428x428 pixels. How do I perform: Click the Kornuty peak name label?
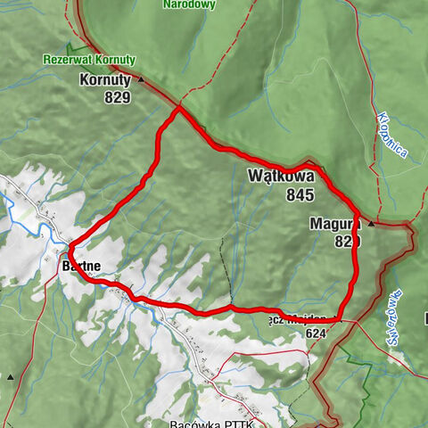click(105, 79)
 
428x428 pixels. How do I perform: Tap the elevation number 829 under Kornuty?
click(115, 96)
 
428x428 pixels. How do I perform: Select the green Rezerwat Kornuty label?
click(88, 61)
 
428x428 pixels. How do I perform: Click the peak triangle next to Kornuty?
click(141, 79)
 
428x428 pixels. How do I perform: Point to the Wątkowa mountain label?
click(281, 177)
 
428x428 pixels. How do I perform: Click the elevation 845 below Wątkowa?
click(300, 194)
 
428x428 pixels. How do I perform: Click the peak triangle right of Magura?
click(371, 223)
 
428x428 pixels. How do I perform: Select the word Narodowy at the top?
click(189, 5)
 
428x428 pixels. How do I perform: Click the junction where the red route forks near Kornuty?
click(179, 109)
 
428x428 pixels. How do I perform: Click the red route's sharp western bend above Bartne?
click(69, 246)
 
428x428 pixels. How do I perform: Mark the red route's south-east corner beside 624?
click(342, 317)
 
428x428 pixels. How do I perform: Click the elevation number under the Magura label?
click(347, 242)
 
